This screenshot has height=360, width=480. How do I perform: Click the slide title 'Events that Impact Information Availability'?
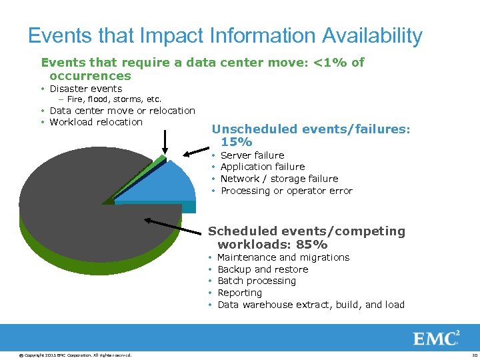pos(225,36)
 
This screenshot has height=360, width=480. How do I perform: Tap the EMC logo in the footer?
pos(437,338)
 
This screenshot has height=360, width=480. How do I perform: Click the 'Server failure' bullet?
pos(252,155)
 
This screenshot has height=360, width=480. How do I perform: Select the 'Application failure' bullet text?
pos(262,167)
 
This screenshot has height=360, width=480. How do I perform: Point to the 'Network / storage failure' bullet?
pos(279,179)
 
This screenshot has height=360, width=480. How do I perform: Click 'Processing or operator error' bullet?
pos(286,191)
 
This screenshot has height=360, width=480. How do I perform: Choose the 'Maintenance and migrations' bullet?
pos(283,257)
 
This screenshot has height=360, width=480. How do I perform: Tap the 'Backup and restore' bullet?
pos(263,269)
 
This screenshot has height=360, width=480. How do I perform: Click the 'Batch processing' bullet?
pos(256,281)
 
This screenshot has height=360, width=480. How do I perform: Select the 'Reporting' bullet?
pos(239,293)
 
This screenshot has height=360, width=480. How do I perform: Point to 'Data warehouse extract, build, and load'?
pos(311,305)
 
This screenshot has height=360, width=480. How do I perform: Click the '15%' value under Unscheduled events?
pos(236,142)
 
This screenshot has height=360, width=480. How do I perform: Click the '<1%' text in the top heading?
pos(331,63)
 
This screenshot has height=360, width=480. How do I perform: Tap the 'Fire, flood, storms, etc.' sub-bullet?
pos(114,99)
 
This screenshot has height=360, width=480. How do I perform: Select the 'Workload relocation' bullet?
pos(96,122)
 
